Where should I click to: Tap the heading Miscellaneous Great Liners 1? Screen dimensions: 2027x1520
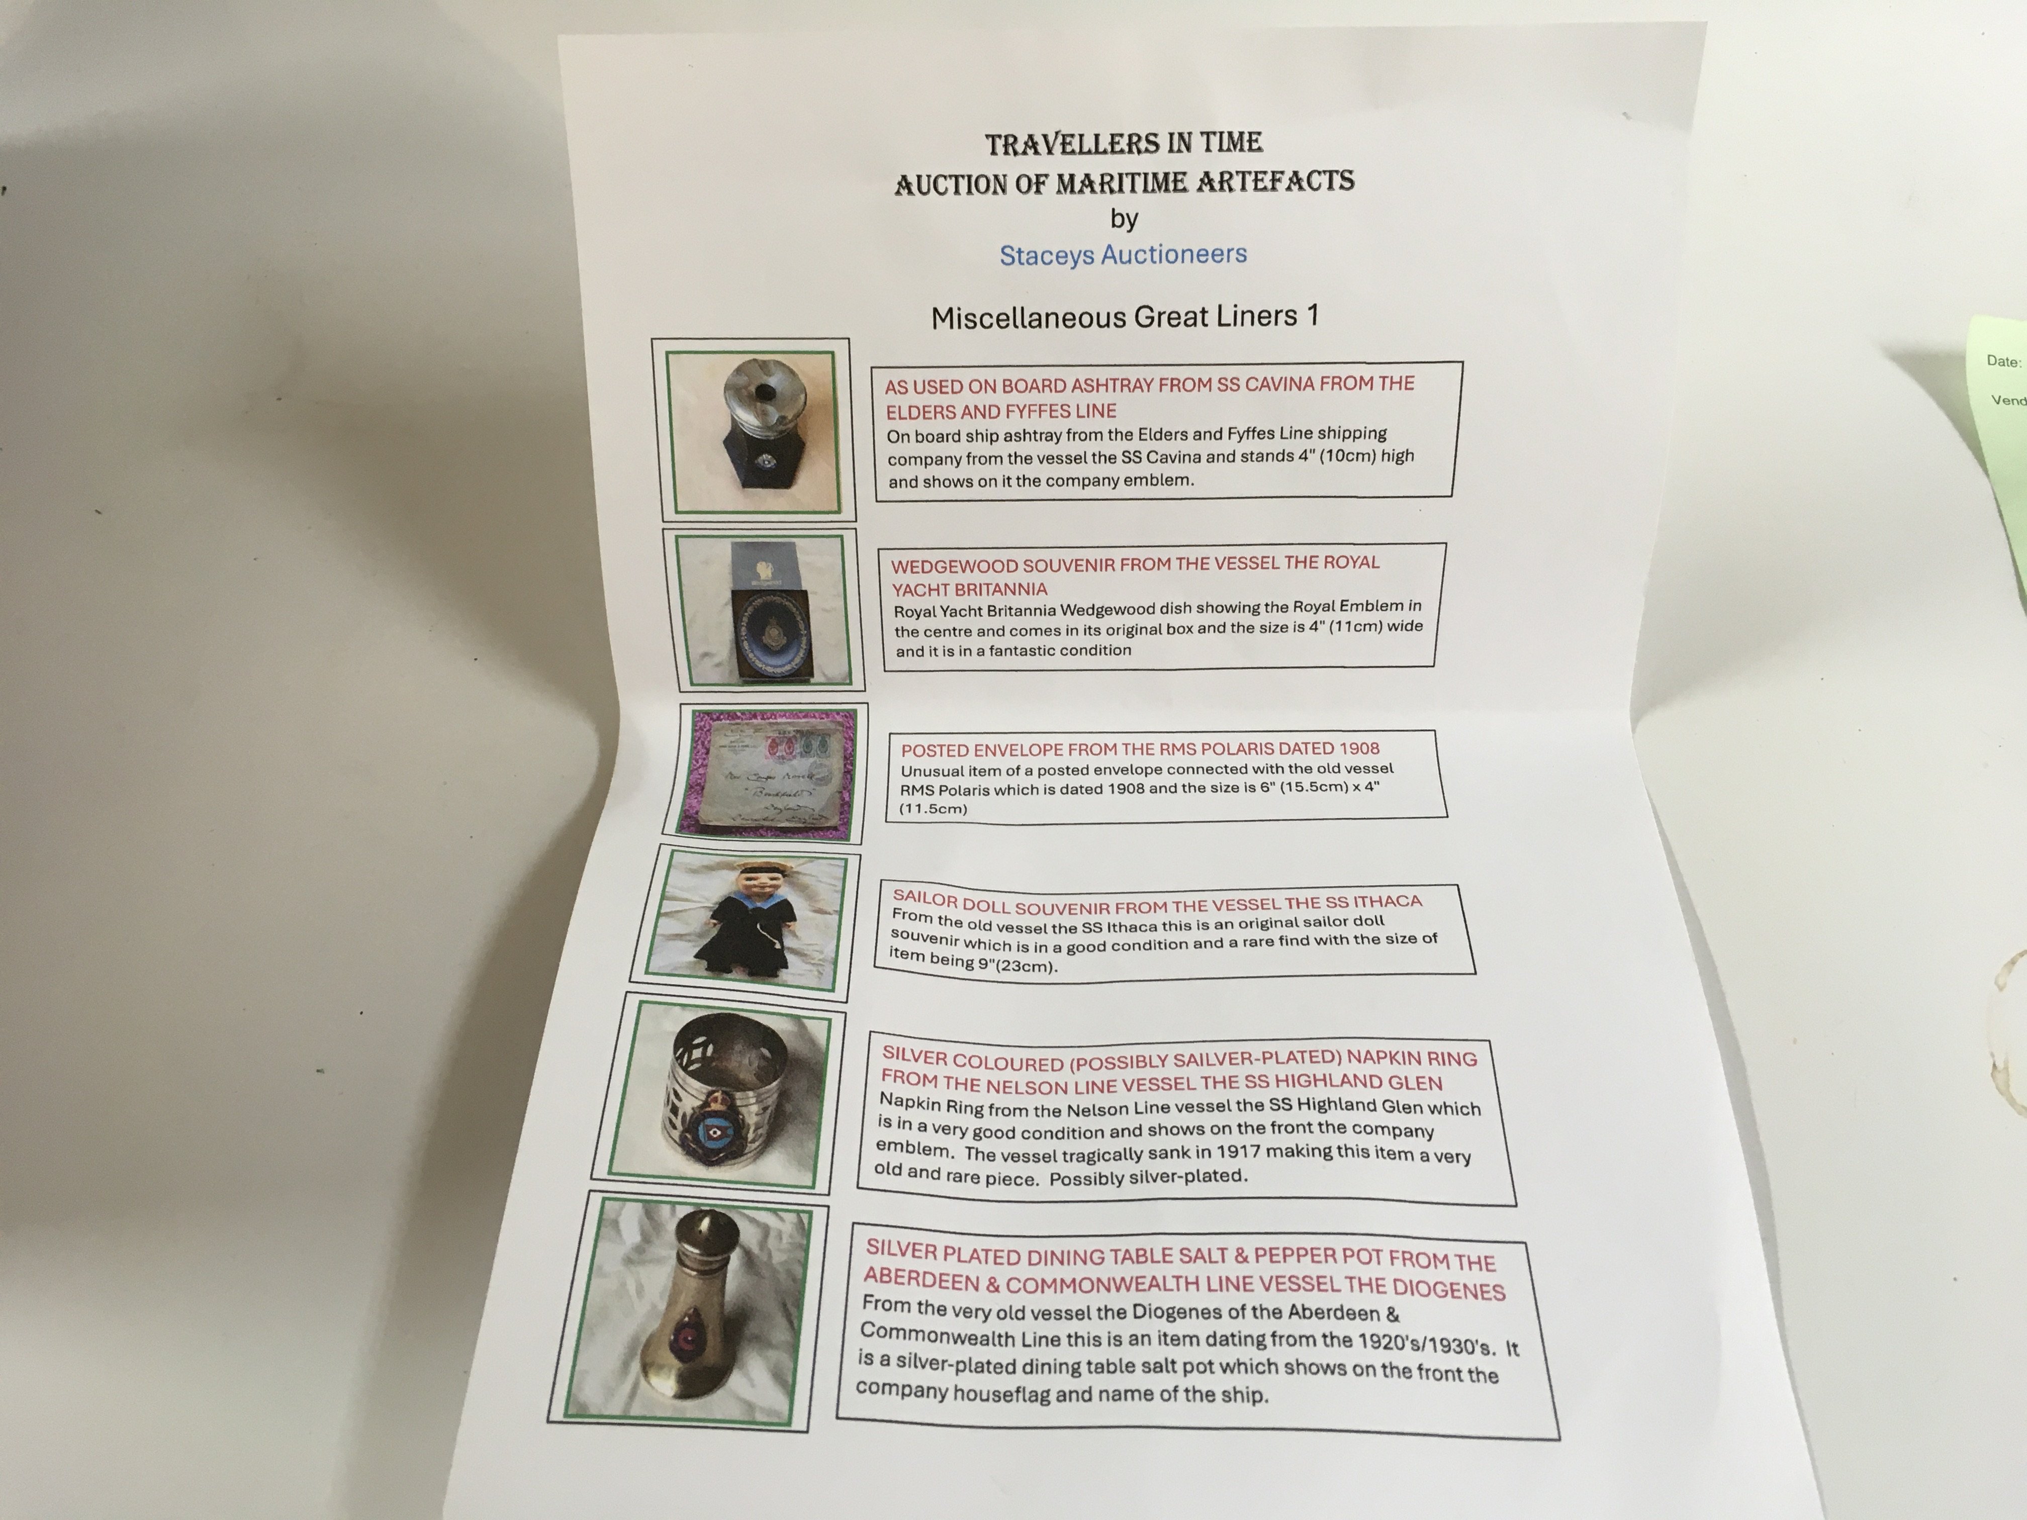point(1125,316)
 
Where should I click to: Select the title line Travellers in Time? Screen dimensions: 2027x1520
point(1124,143)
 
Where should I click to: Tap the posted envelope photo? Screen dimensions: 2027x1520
point(773,773)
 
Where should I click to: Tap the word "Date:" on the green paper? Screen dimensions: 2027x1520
point(2003,361)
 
